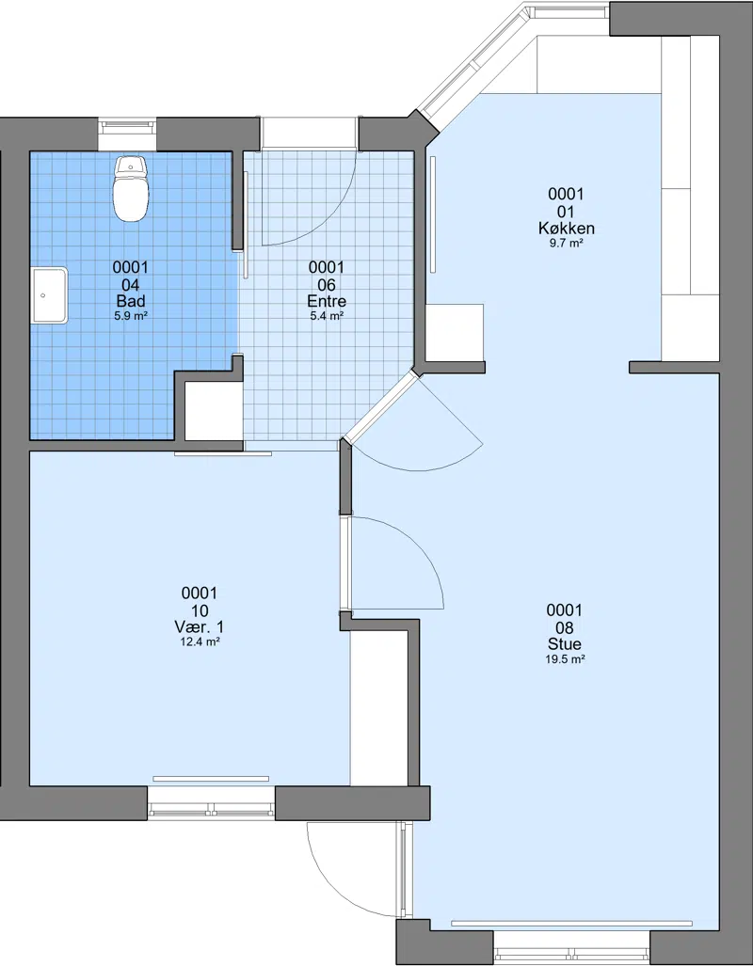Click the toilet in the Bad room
[132, 188]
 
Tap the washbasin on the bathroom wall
[49, 295]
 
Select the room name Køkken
[566, 229]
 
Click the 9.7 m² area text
[566, 244]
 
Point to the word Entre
[327, 301]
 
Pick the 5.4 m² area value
[327, 316]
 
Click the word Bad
[131, 301]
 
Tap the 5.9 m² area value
[131, 316]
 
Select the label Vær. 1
[200, 627]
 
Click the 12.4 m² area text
[200, 641]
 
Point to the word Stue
[565, 644]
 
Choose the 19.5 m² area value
[565, 659]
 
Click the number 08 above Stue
[565, 627]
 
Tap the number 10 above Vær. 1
[200, 610]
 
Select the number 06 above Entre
[327, 285]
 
